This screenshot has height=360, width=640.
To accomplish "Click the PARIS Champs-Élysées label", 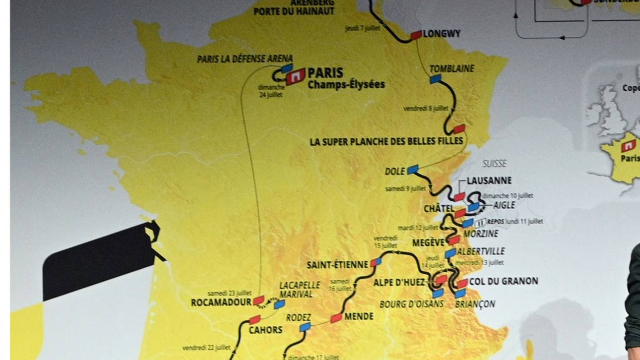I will pos(346,78).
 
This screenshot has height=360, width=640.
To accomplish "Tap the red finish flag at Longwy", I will pos(416,34).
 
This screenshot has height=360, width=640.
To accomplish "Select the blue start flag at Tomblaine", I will pos(436,78).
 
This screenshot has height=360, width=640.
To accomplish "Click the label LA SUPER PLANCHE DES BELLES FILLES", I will pos(386,142).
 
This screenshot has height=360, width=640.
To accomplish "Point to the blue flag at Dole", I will pos(413,170).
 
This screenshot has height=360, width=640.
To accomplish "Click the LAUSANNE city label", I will pos(489,181).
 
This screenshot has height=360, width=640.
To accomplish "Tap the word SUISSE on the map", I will pos(494,163).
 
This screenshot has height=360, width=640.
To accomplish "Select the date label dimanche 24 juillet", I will pos(271,91).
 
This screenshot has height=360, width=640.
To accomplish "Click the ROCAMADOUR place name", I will pos(221,302).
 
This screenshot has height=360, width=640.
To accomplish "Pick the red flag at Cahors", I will pos(255,320).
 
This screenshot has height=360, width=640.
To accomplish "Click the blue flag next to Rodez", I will pos(305,327).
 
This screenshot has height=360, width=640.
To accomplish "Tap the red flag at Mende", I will pos(336,318).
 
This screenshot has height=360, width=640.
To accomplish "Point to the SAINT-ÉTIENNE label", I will pos(337,265).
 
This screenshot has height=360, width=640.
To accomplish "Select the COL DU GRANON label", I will pos(504,281).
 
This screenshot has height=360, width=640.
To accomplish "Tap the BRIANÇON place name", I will pos(475,304).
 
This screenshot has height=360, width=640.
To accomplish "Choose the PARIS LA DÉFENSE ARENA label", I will pos(245,59).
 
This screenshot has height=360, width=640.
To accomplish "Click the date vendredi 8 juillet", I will pos(426,108).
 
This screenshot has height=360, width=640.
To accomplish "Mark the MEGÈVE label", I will pos(429,243).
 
